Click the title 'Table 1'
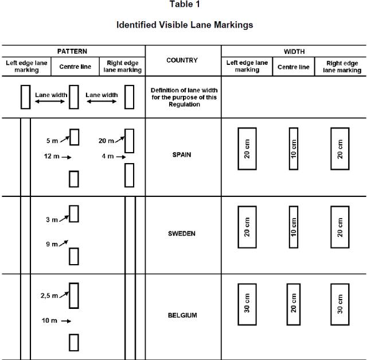[185, 4]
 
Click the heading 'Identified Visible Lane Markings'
[185, 25]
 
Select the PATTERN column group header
[72, 51]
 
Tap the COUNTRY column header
[182, 60]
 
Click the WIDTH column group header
[294, 52]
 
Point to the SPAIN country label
[182, 154]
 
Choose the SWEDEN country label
[182, 234]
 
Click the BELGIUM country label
[182, 315]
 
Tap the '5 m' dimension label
[52, 141]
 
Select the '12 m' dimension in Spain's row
[52, 156]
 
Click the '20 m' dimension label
[106, 141]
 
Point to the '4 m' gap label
[108, 156]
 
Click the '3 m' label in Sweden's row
[52, 219]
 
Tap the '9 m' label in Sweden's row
[52, 244]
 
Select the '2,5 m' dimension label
[49, 296]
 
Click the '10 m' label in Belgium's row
[49, 320]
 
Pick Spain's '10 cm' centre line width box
[294, 149]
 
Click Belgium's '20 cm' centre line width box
[294, 304]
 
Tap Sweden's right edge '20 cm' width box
[340, 227]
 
